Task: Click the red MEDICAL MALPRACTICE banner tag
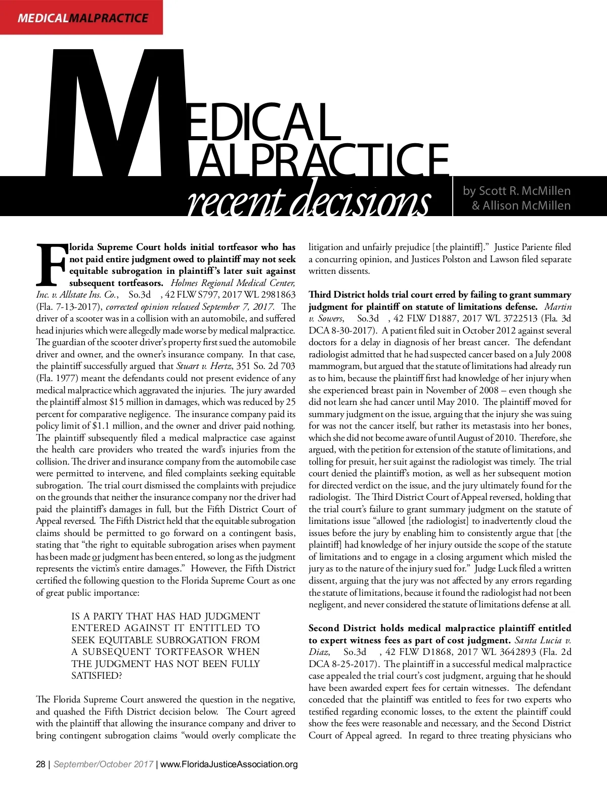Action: point(82,18)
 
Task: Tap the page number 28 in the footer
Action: point(40,764)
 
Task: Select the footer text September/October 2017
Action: point(103,764)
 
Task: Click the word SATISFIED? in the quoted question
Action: point(97,676)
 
